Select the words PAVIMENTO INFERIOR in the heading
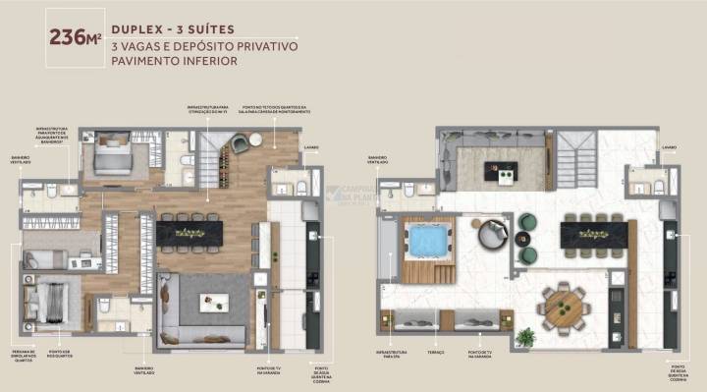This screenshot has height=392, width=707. (175, 60)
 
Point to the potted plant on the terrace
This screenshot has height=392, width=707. (525, 337)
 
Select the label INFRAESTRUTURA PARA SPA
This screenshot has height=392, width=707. (389, 351)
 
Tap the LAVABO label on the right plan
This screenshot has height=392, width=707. (669, 147)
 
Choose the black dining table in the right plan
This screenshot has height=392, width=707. (594, 234)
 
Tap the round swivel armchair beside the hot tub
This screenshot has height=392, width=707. (490, 234)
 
